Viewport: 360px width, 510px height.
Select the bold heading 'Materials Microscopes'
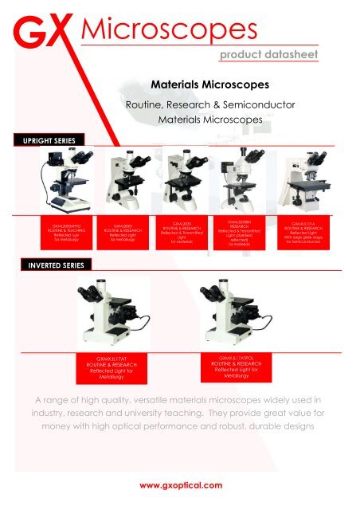(194, 82)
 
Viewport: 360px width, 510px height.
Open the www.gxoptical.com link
(180, 483)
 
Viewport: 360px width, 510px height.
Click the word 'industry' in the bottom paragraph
(51, 414)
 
